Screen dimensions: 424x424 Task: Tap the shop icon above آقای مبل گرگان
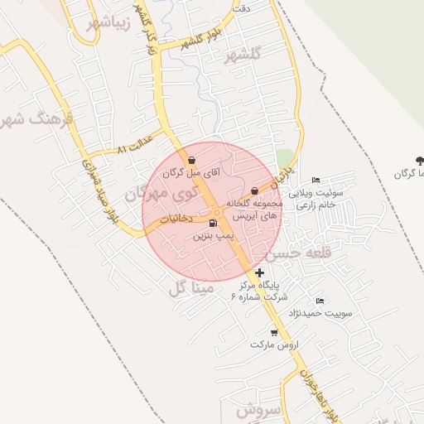192,160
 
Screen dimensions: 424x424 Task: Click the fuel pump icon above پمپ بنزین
214,223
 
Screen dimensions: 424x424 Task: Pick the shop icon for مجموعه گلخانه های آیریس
254,190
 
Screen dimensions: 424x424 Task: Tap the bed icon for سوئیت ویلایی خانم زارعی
315,181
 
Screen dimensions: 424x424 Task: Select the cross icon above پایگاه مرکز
260,272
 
